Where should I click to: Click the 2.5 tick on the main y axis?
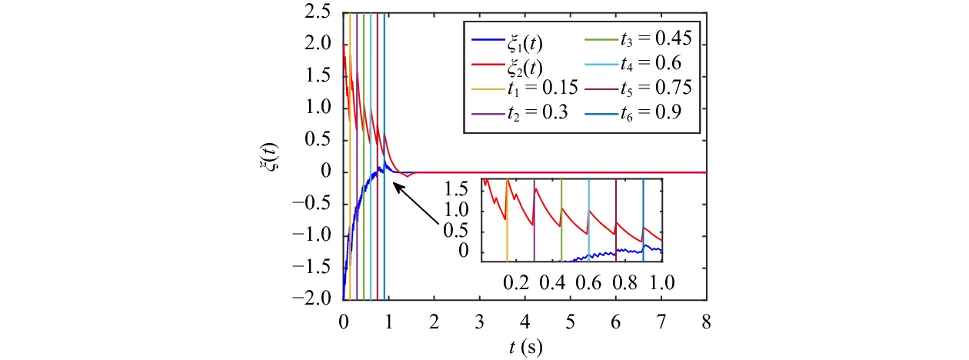pos(321,13)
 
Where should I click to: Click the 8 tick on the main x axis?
pos(707,318)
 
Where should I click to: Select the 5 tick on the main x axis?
pos(570,318)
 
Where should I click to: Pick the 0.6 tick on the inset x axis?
pos(588,282)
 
